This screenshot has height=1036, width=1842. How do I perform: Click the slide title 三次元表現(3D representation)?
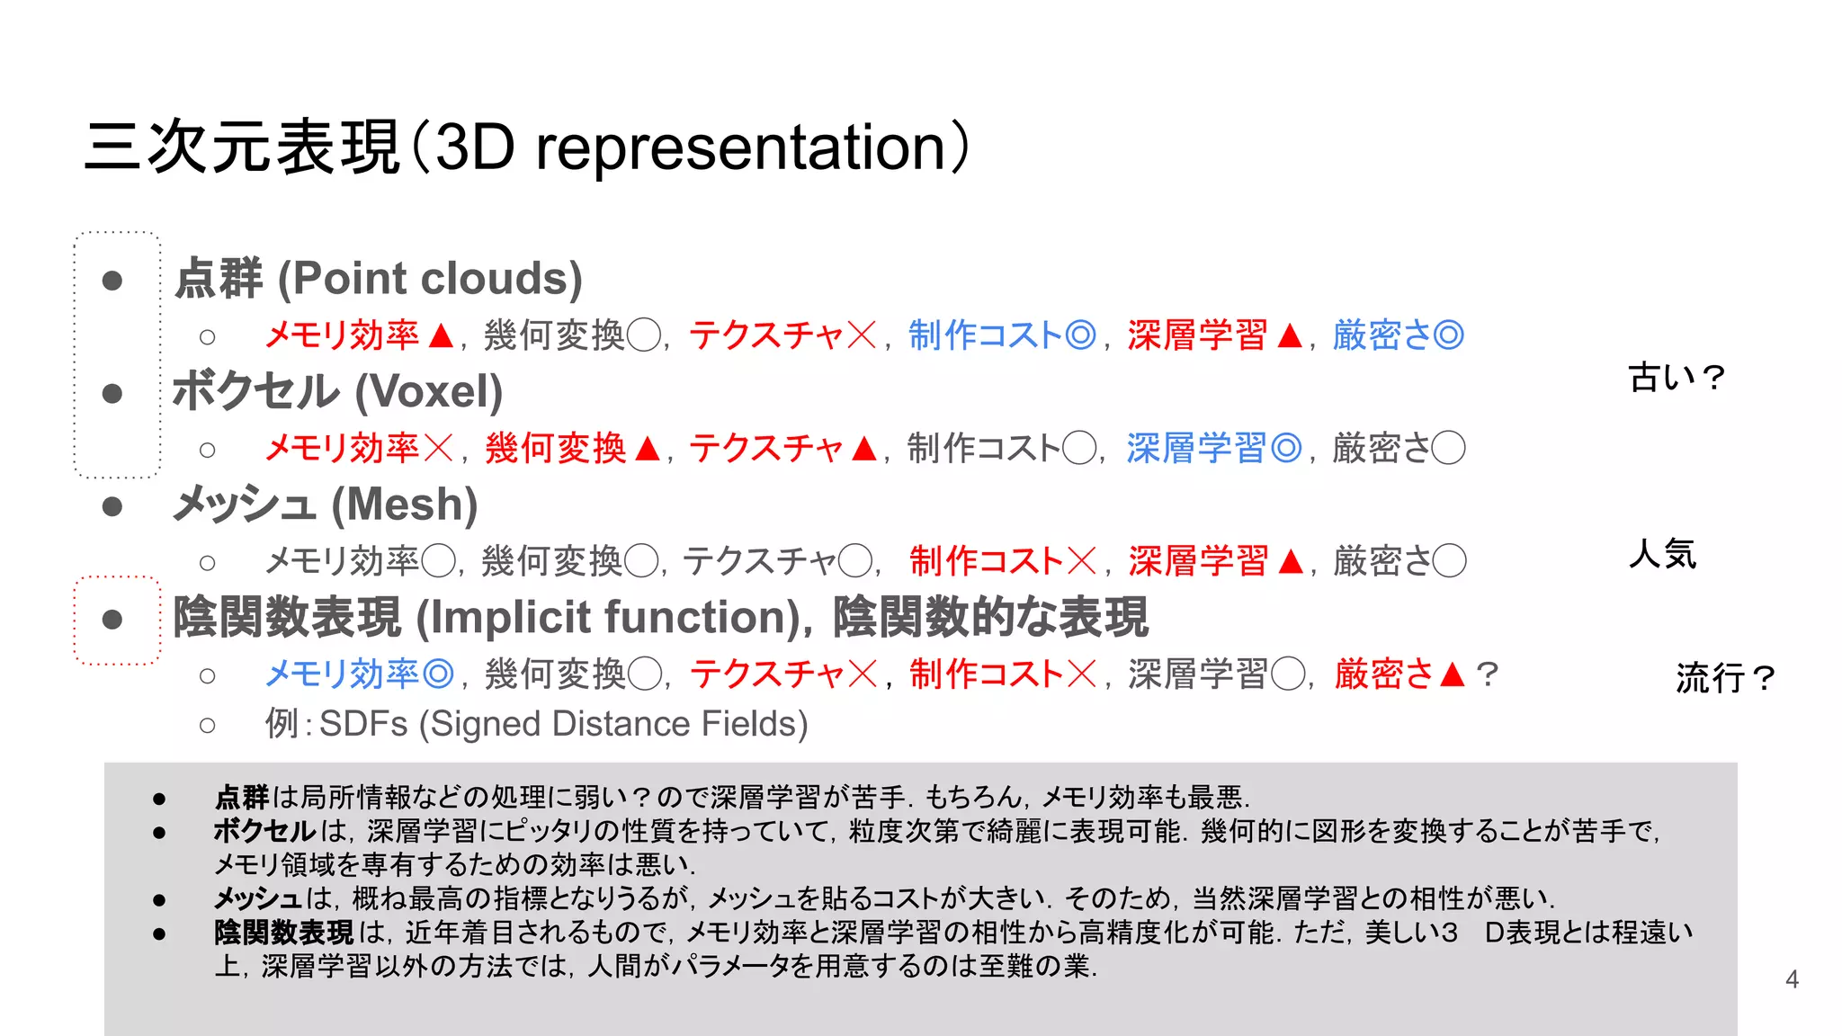tap(527, 147)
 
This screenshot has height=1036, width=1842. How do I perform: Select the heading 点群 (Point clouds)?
tap(379, 278)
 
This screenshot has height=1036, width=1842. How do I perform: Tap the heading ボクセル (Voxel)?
tap(337, 391)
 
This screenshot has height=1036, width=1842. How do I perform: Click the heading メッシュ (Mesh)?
tap(325, 505)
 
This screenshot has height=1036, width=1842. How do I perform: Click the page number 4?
tap(1792, 979)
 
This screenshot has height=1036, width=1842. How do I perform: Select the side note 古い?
tap(1676, 378)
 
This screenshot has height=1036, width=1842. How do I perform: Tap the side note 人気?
tap(1662, 554)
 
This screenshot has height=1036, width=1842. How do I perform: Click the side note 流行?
tap(1724, 677)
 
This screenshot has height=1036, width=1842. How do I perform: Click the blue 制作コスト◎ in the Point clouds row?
tap(1001, 335)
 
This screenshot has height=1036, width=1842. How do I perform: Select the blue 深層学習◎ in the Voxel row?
tap(1213, 448)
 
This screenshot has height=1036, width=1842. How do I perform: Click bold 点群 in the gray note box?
tap(242, 797)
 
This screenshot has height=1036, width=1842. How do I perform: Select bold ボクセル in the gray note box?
tap(264, 831)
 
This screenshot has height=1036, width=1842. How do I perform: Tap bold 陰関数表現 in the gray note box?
tap(283, 933)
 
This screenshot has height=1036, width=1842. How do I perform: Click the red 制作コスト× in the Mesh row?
tap(1003, 561)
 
